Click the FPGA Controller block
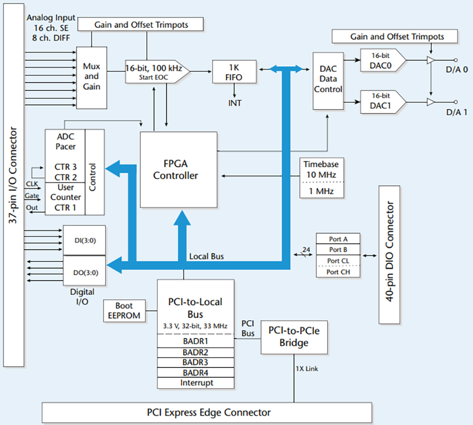click(x=178, y=170)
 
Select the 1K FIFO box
click(x=234, y=72)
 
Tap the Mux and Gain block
click(x=91, y=76)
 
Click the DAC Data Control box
click(x=328, y=80)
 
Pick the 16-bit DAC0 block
click(x=382, y=60)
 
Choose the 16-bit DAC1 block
click(x=382, y=102)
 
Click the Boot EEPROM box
click(x=124, y=310)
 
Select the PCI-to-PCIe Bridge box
click(x=294, y=337)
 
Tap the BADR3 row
click(x=195, y=362)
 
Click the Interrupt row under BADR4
click(x=195, y=383)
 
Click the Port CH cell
click(x=338, y=271)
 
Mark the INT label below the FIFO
click(x=234, y=103)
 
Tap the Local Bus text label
click(x=206, y=256)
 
